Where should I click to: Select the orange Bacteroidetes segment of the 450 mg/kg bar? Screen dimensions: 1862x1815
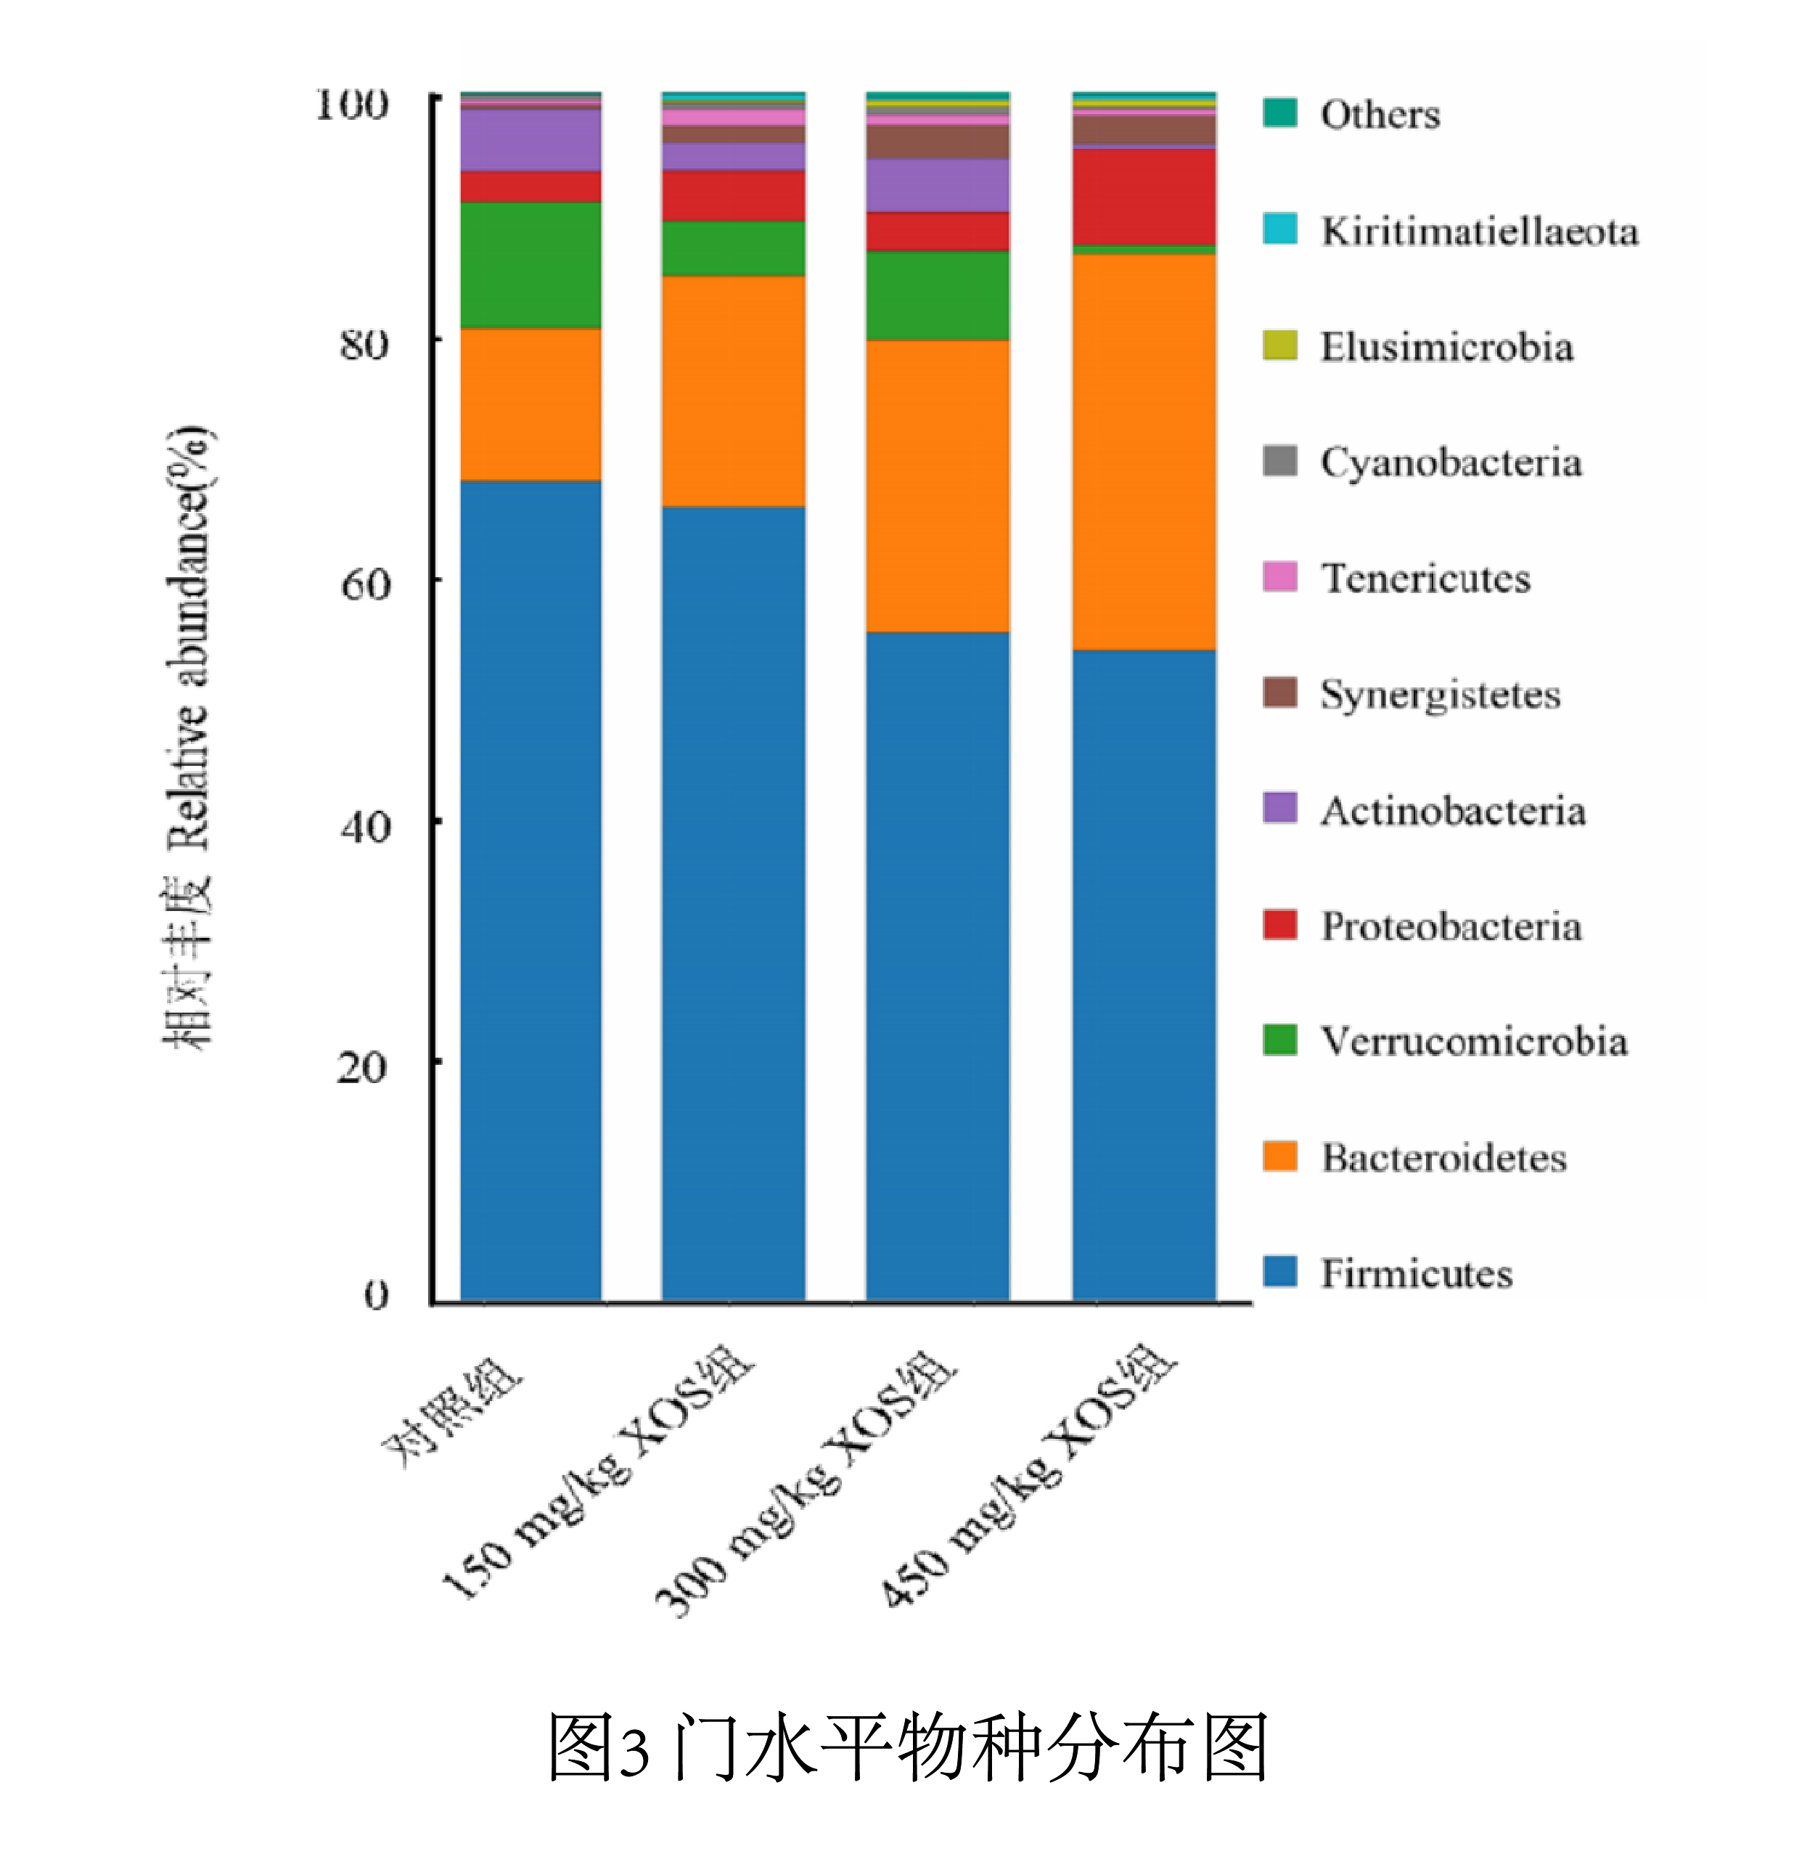pyautogui.click(x=1143, y=452)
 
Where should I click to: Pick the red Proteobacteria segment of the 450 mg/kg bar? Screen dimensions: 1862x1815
pyautogui.click(x=1143, y=197)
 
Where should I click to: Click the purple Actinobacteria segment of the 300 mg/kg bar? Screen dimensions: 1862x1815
pyautogui.click(x=937, y=185)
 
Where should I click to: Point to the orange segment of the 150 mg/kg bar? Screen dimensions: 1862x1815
pyautogui.click(x=733, y=391)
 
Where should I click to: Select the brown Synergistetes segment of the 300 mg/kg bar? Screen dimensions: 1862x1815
pyautogui.click(x=937, y=141)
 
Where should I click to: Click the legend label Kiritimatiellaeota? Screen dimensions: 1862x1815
pyautogui.click(x=1478, y=232)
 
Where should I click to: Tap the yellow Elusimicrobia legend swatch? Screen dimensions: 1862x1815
pyautogui.click(x=1279, y=345)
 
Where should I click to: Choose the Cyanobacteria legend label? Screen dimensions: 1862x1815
pyautogui.click(x=1450, y=462)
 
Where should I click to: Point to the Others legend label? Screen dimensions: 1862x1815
pyautogui.click(x=1380, y=115)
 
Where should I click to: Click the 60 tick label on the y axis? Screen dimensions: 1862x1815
pyautogui.click(x=365, y=584)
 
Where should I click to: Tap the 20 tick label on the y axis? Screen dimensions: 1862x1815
pyautogui.click(x=362, y=1066)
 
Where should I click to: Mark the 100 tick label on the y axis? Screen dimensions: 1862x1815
pyautogui.click(x=352, y=103)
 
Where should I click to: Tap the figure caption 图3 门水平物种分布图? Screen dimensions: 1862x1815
pyautogui.click(x=906, y=1747)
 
